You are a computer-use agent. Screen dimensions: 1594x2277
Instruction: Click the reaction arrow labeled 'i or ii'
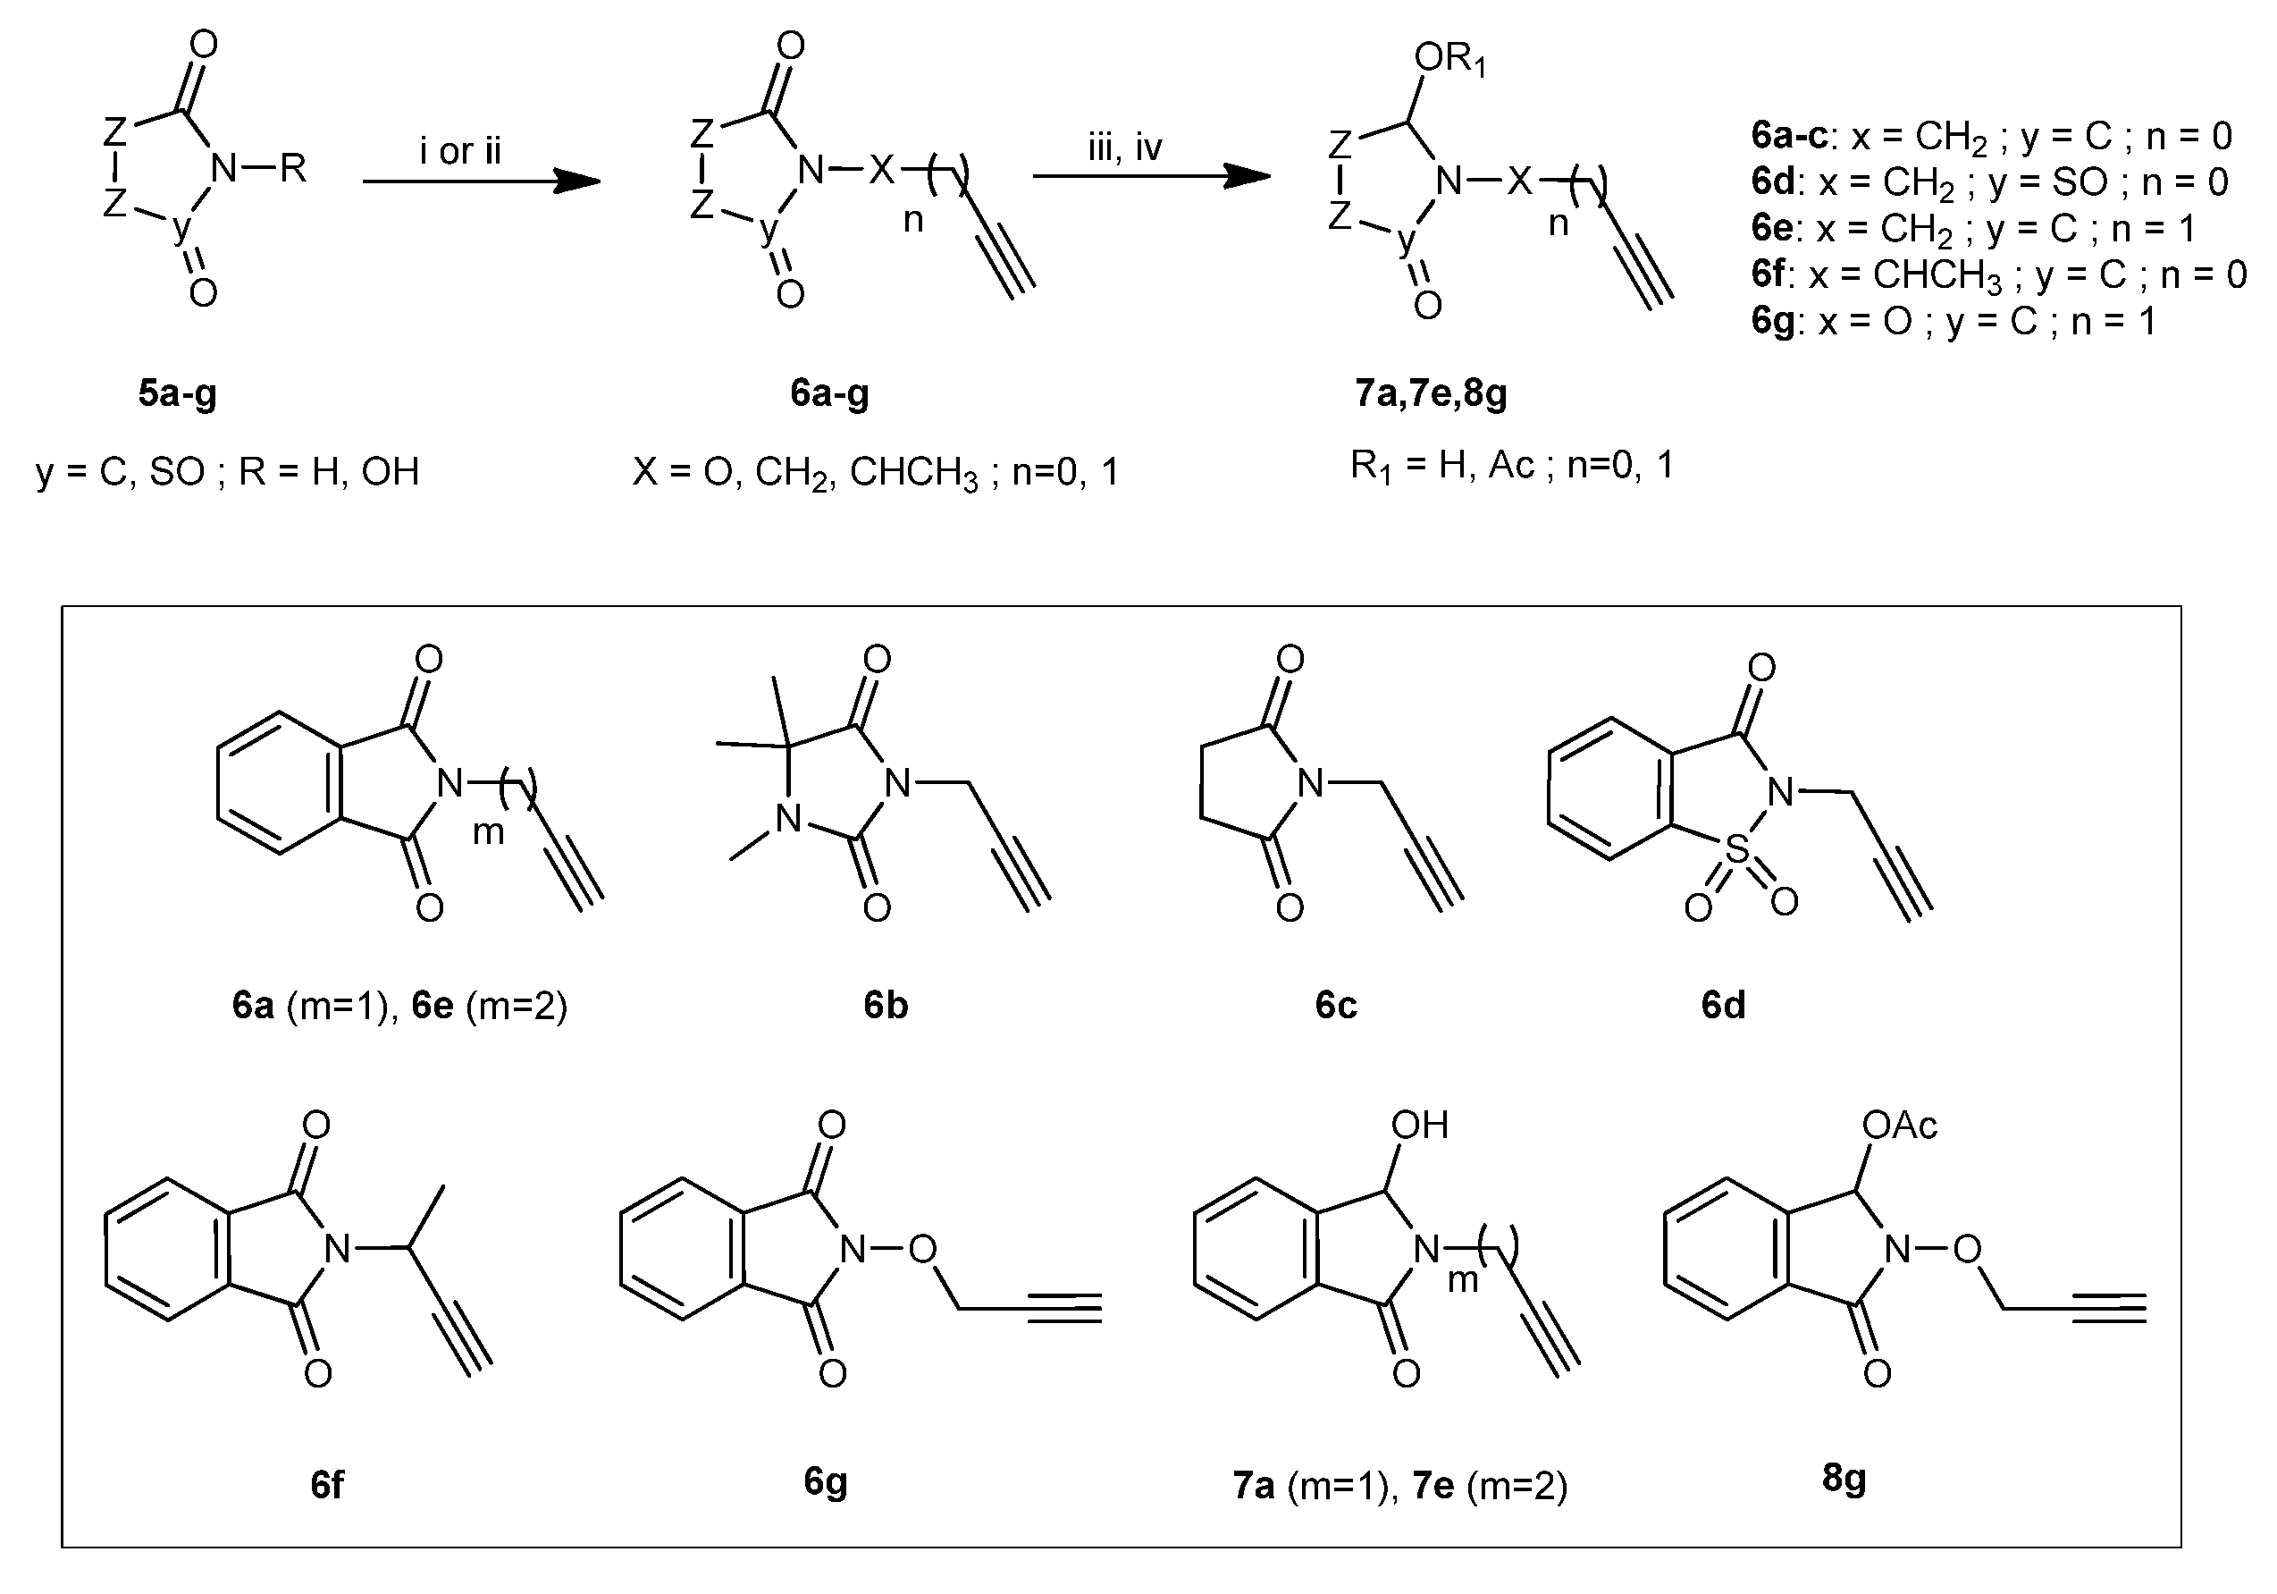pyautogui.click(x=481, y=181)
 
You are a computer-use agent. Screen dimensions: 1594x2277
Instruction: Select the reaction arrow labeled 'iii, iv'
pyautogui.click(x=1150, y=176)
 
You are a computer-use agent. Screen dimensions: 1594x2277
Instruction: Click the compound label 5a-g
pyautogui.click(x=178, y=393)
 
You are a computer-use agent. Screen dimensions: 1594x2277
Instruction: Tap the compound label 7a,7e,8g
pyautogui.click(x=1430, y=393)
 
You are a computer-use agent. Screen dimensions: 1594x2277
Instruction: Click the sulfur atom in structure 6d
pyautogui.click(x=1736, y=849)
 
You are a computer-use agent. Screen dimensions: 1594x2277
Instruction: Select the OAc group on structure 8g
pyautogui.click(x=1899, y=1125)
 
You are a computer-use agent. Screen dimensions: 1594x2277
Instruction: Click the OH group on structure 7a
pyautogui.click(x=1419, y=1125)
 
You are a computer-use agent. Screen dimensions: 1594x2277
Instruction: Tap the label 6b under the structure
pyautogui.click(x=886, y=1006)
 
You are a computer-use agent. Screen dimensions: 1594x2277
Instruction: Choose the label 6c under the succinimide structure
pyautogui.click(x=1336, y=1006)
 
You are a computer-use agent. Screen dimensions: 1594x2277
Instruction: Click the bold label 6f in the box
pyautogui.click(x=327, y=1485)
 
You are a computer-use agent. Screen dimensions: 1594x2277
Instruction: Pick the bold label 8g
pyautogui.click(x=1844, y=1478)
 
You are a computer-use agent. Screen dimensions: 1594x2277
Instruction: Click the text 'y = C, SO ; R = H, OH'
pyautogui.click(x=228, y=472)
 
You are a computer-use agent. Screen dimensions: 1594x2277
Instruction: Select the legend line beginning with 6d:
pyautogui.click(x=1989, y=182)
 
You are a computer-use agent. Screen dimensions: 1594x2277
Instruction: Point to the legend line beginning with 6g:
pyautogui.click(x=1953, y=321)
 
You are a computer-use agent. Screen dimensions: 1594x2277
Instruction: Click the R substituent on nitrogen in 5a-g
pyautogui.click(x=292, y=169)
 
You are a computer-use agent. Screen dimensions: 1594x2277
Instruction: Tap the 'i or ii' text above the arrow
pyautogui.click(x=460, y=151)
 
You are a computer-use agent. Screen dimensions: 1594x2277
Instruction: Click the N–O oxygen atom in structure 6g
pyautogui.click(x=922, y=1250)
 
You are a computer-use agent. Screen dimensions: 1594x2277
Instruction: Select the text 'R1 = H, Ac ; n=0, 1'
pyautogui.click(x=1511, y=465)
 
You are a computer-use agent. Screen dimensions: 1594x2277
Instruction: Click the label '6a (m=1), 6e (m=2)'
pyautogui.click(x=399, y=1006)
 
